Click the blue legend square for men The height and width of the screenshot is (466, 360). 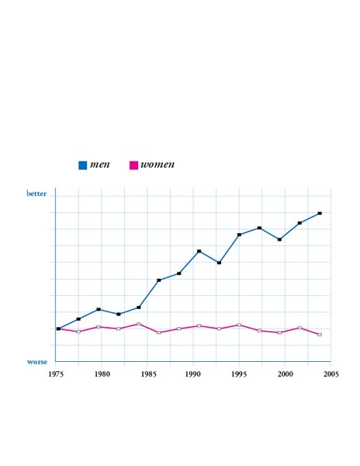(82, 165)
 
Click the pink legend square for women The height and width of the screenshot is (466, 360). (133, 165)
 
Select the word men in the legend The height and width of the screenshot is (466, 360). (100, 165)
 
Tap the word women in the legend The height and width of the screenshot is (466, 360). (157, 165)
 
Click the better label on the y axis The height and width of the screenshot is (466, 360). (36, 193)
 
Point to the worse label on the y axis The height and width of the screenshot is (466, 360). (37, 362)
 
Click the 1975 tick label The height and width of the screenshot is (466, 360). (56, 374)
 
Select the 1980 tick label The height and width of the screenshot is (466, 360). (102, 374)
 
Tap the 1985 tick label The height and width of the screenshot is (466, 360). (148, 374)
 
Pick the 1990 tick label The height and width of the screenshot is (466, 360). (193, 374)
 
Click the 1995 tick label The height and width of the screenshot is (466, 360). (239, 374)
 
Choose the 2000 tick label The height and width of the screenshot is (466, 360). (286, 374)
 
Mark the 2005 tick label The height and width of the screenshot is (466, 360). (331, 374)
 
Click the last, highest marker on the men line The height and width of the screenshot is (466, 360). (320, 214)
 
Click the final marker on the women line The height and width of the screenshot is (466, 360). (320, 335)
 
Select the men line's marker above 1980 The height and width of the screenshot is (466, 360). (99, 309)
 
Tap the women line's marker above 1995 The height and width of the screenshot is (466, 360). (239, 325)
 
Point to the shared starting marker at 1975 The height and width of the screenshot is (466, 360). (58, 329)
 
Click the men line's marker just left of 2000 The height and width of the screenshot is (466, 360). (279, 239)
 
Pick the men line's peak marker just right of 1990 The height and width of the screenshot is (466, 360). (199, 251)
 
